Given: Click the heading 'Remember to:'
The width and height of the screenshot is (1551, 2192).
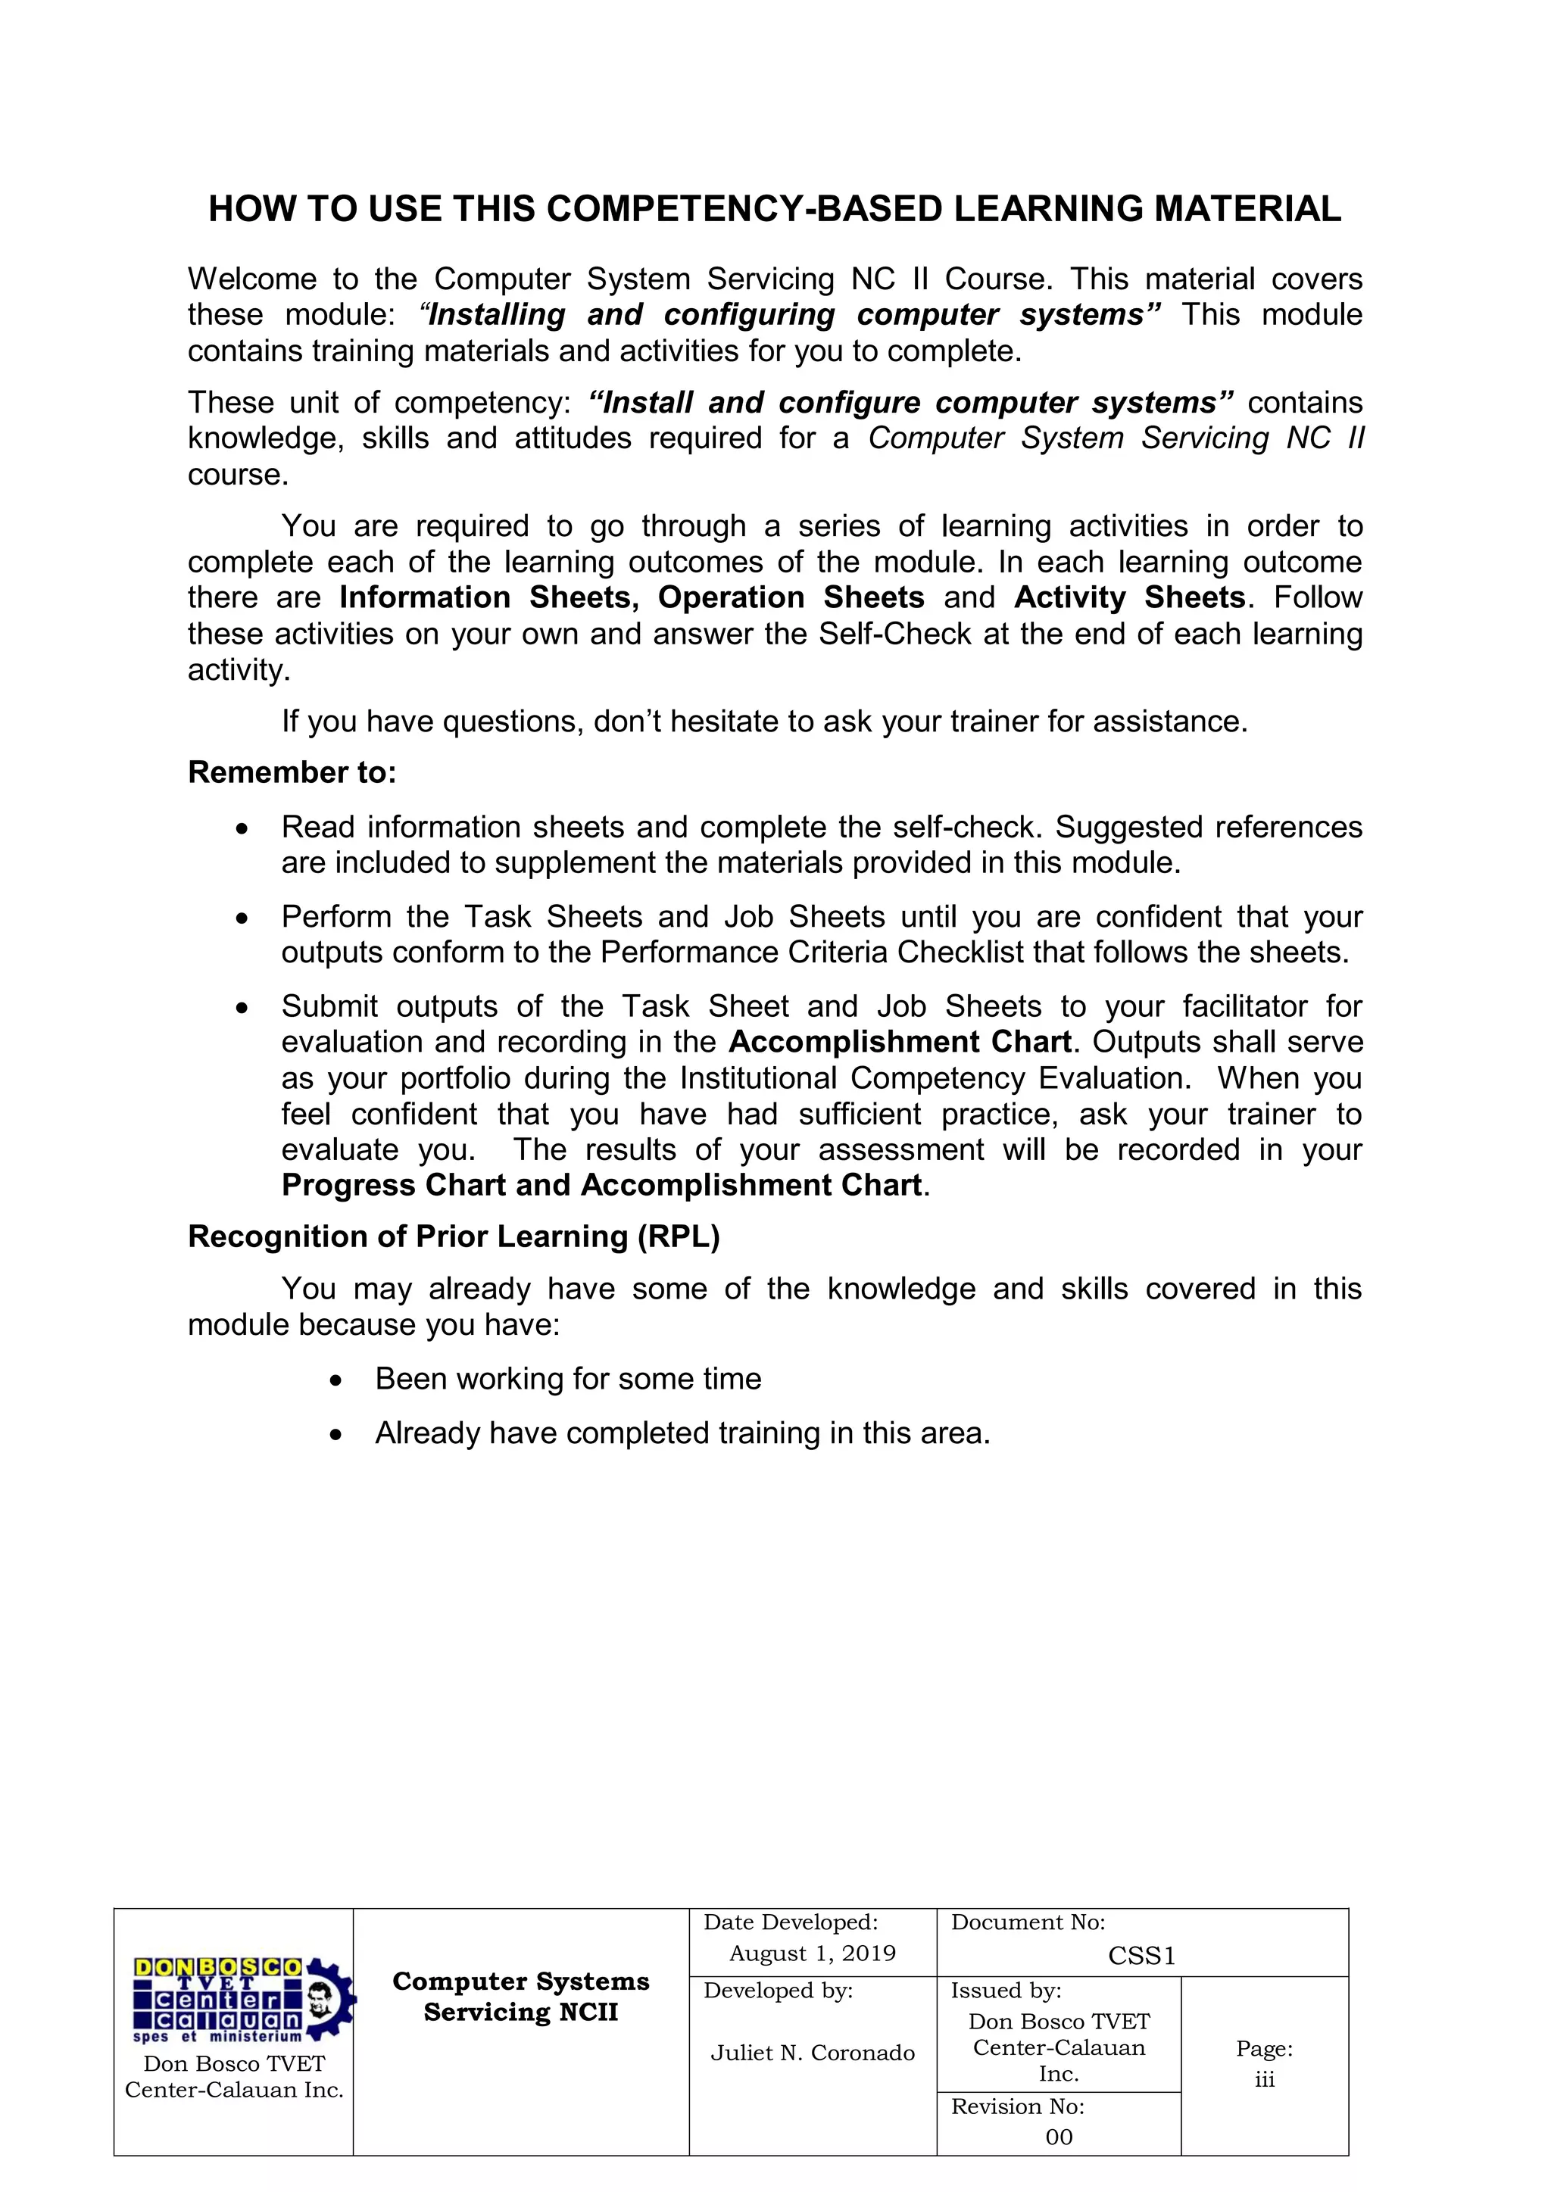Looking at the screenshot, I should tap(292, 772).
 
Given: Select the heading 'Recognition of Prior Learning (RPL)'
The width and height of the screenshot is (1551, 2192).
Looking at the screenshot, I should tap(454, 1236).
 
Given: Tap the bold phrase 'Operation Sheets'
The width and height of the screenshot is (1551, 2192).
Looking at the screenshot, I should tap(791, 597).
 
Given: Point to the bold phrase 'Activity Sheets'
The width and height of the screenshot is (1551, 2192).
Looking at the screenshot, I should tap(1130, 597).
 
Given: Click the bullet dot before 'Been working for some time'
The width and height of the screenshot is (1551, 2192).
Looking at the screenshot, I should tap(335, 1380).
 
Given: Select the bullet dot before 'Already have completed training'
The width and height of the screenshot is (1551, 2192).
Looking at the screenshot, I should tap(335, 1435).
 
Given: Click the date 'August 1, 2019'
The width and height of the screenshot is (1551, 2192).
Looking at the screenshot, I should tap(812, 1953).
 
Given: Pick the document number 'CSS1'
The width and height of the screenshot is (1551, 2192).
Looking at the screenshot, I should tap(1141, 1957).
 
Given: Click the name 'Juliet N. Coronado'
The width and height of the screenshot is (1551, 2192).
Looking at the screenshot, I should tap(812, 2053).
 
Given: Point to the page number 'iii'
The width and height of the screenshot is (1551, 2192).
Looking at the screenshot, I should tap(1265, 2079).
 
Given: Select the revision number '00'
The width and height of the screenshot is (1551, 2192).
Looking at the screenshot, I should tap(1058, 2137).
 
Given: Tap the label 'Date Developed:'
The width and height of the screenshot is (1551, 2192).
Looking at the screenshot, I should tap(791, 1922).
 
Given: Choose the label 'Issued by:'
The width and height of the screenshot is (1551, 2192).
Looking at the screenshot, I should tap(1006, 1991).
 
